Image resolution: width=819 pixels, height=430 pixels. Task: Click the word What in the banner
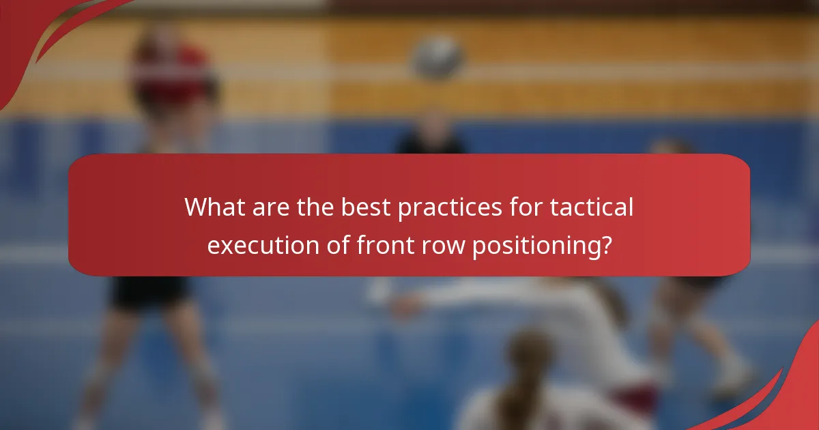pos(214,207)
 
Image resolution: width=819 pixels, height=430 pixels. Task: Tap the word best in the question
pos(358,207)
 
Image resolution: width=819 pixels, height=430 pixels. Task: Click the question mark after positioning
pos(604,244)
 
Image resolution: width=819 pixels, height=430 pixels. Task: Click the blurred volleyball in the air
pos(437,57)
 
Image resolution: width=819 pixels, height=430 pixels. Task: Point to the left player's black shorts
pos(150,290)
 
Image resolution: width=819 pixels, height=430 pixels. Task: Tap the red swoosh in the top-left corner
pos(41,27)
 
